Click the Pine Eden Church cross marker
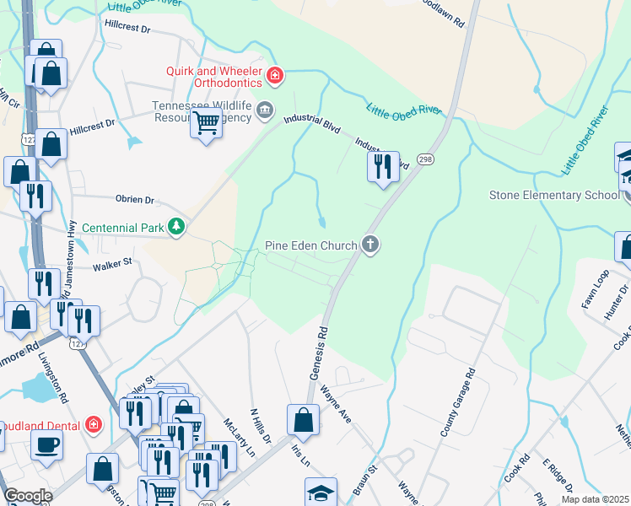pyautogui.click(x=369, y=245)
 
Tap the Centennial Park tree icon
pyautogui.click(x=176, y=226)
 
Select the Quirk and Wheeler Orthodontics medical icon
pyautogui.click(x=274, y=77)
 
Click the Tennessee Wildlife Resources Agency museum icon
pyautogui.click(x=265, y=110)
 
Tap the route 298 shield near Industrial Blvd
pyautogui.click(x=425, y=159)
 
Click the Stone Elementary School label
pyautogui.click(x=554, y=196)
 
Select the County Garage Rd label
pyautogui.click(x=456, y=401)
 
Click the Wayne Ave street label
pyautogui.click(x=336, y=403)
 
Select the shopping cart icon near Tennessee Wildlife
pyautogui.click(x=207, y=124)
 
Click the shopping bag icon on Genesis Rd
pyautogui.click(x=303, y=420)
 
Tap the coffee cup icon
pyautogui.click(x=47, y=444)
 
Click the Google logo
pyautogui.click(x=28, y=496)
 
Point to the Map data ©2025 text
pyautogui.click(x=595, y=499)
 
